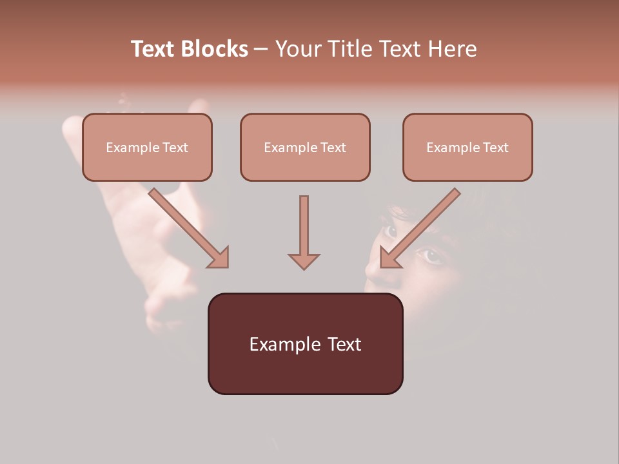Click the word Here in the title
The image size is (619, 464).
[451, 49]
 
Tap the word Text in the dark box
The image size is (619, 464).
[344, 344]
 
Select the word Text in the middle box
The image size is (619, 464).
[333, 148]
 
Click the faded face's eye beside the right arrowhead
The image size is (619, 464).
[431, 256]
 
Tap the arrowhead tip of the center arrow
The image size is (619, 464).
[304, 268]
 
